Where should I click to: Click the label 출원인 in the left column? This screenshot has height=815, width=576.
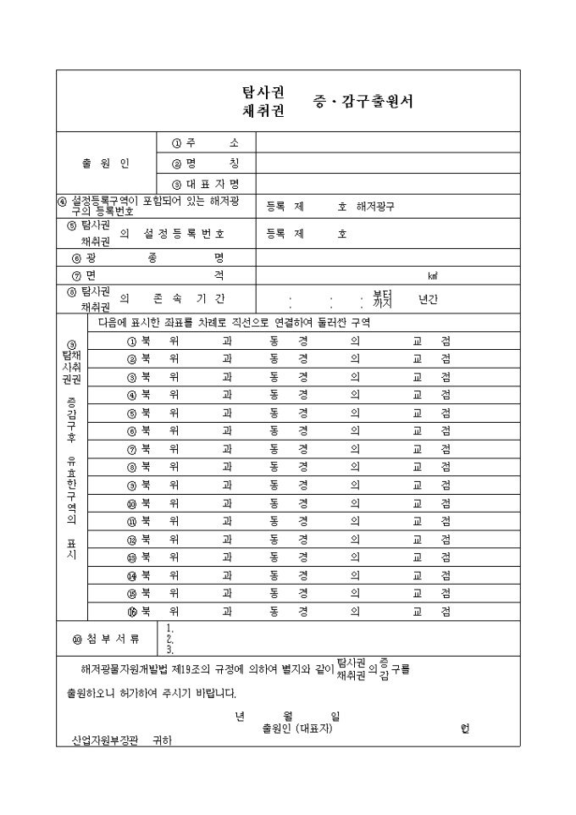(106, 163)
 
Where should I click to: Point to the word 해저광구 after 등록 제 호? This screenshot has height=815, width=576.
(375, 206)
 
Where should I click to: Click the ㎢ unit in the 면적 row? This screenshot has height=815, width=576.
(432, 276)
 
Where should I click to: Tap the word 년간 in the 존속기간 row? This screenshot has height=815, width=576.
(429, 299)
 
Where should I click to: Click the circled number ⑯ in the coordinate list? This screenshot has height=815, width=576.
(131, 611)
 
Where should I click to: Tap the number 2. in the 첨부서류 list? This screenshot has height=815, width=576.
(170, 639)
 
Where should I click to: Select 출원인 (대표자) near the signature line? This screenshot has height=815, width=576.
(297, 727)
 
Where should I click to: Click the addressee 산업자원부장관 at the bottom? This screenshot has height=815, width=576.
(103, 740)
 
